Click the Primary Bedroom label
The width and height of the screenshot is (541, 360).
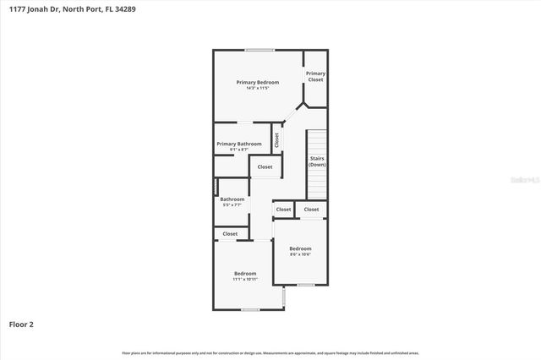[x=257, y=82]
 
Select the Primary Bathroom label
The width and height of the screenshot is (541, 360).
[x=238, y=144]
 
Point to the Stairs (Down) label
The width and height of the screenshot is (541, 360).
[x=317, y=161]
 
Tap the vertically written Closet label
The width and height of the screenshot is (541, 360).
[x=276, y=139]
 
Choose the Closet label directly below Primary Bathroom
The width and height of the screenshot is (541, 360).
[x=265, y=167]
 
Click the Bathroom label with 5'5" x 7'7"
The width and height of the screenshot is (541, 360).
[x=232, y=199]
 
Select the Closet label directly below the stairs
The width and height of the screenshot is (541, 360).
[x=311, y=209]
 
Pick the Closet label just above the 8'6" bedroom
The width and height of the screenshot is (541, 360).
[x=283, y=209]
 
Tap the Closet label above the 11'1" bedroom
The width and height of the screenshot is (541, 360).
[x=230, y=233]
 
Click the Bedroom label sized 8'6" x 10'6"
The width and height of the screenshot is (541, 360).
[x=300, y=248]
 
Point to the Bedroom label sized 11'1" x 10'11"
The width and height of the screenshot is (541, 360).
[x=245, y=273]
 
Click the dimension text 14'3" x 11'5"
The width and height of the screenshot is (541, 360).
[x=257, y=88]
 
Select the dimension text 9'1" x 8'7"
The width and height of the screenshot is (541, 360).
[x=238, y=150]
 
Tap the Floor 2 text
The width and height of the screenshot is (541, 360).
[x=21, y=323]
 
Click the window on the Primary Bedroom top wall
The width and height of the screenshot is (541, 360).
[x=260, y=50]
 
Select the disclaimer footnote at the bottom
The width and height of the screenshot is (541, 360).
[x=270, y=352]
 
